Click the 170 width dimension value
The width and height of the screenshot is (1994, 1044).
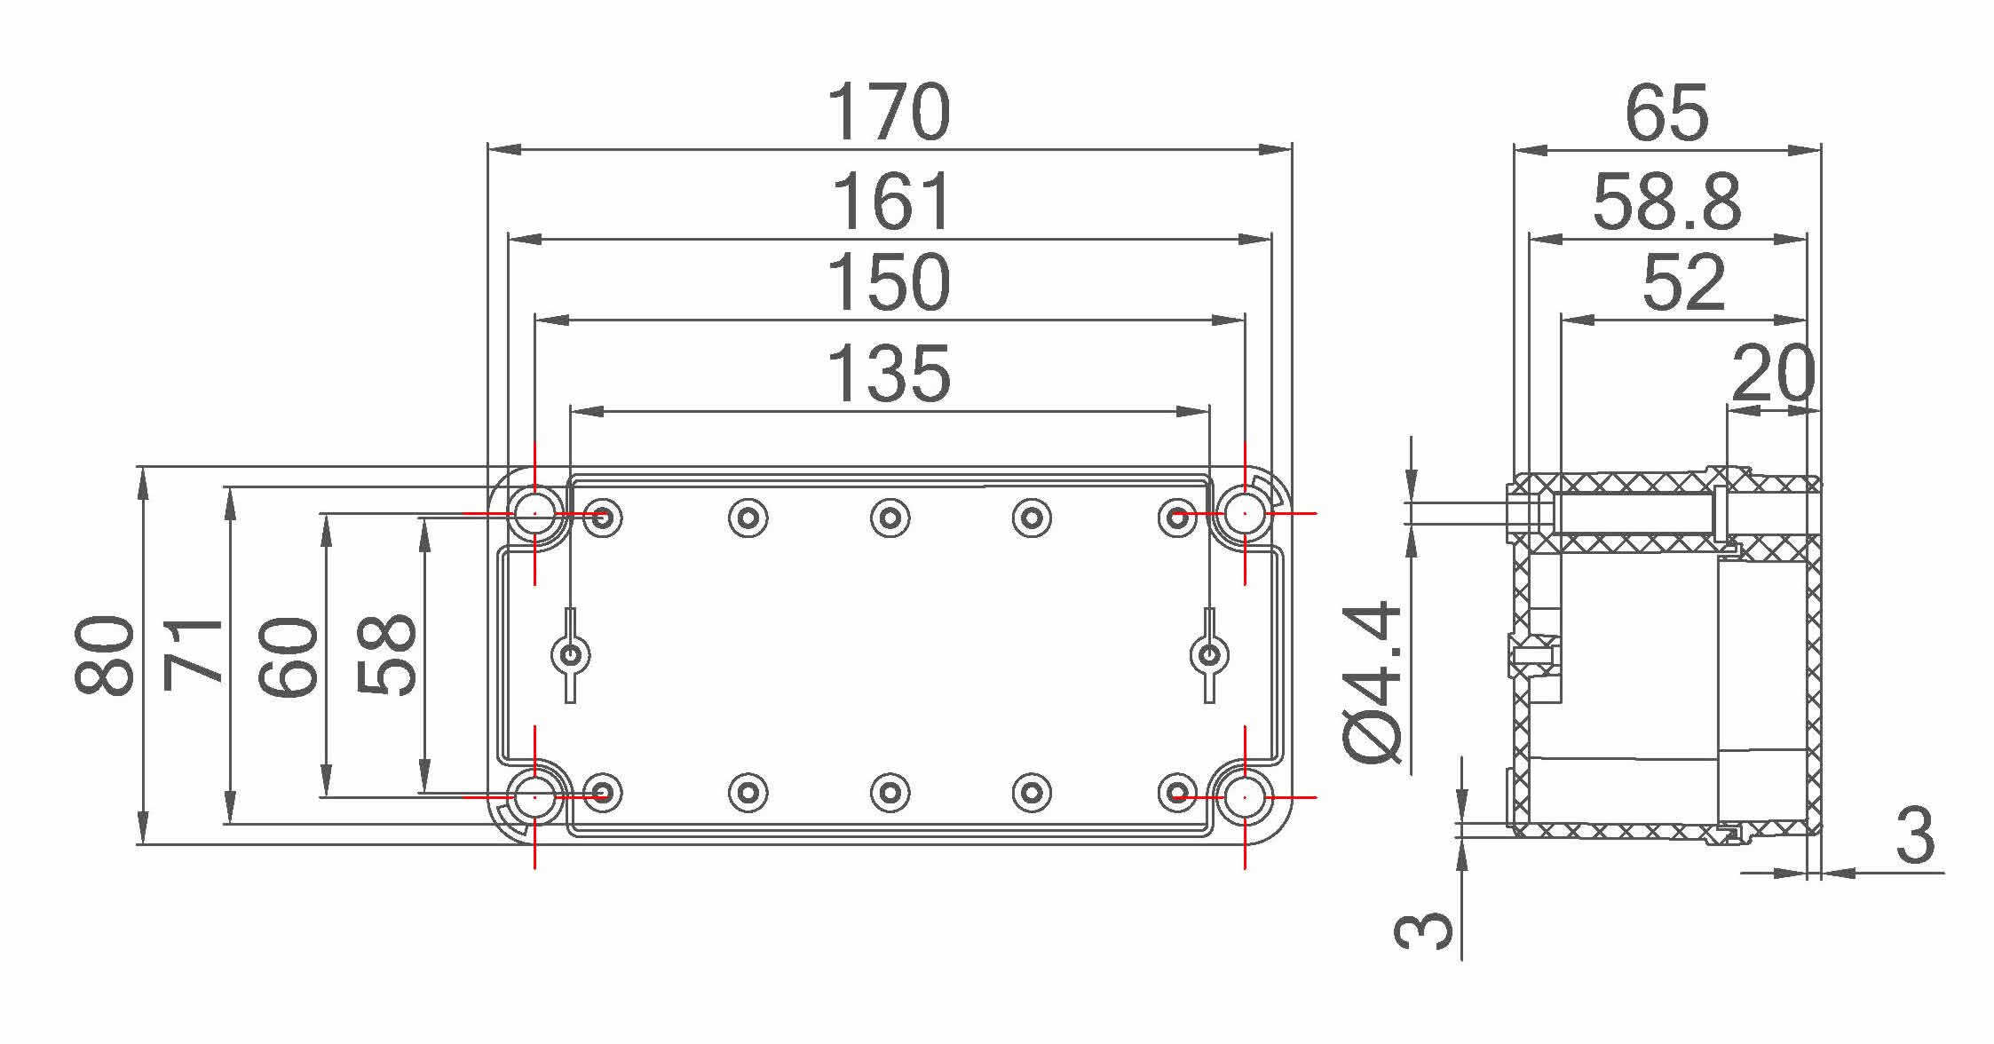click(x=889, y=113)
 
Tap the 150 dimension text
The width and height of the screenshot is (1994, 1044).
click(x=889, y=283)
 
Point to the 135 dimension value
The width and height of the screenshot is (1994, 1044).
click(x=889, y=374)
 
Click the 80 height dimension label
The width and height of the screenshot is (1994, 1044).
click(x=105, y=654)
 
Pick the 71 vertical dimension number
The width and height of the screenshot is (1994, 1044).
click(x=194, y=654)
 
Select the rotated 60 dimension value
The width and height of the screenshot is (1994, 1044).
click(x=289, y=656)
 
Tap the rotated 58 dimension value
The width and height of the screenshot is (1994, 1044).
click(x=386, y=654)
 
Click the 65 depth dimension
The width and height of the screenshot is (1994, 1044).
click(x=1666, y=113)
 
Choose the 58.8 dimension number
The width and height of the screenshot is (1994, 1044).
click(x=1666, y=202)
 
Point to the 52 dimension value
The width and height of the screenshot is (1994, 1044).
click(x=1683, y=283)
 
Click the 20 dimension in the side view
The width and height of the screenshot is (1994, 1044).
click(x=1772, y=374)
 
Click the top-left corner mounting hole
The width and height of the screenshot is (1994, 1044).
click(x=534, y=513)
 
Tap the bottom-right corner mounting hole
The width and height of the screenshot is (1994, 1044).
click(x=1245, y=797)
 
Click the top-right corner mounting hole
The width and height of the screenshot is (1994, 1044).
click(x=1245, y=513)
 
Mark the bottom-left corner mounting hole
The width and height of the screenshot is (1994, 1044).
click(x=534, y=797)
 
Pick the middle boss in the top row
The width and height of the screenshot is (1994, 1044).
click(x=890, y=517)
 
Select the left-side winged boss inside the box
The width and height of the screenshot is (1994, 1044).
click(x=571, y=656)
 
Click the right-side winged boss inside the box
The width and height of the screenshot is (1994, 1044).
click(x=1208, y=656)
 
